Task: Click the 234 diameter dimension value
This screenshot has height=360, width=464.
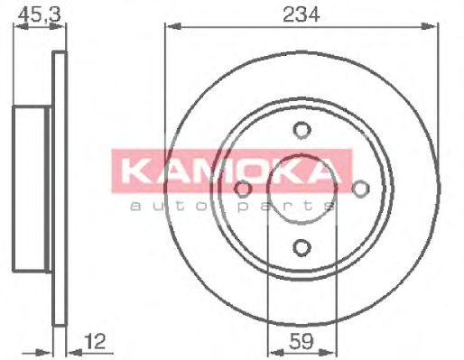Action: click(302, 13)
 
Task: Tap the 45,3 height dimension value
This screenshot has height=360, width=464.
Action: click(33, 13)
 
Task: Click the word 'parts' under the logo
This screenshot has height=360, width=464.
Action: click(299, 207)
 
